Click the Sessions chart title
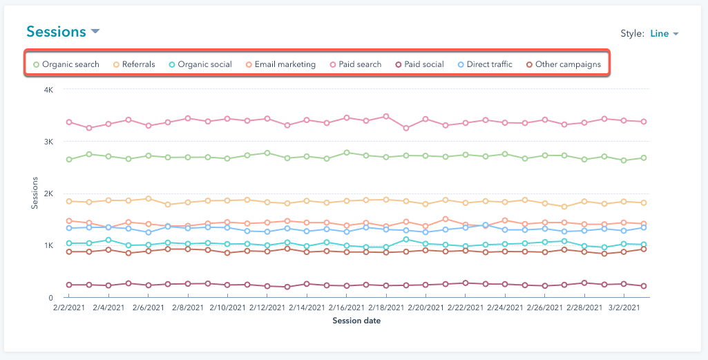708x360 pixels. point(56,32)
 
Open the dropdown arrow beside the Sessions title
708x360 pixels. point(95,32)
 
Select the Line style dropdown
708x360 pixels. point(664,33)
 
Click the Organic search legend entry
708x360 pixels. point(66,64)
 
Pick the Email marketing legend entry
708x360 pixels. point(280,64)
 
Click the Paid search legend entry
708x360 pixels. point(355,64)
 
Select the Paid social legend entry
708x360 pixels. point(419,64)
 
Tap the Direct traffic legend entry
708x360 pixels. point(485,64)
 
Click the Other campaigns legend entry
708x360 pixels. point(563,64)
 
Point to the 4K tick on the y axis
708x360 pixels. point(49,90)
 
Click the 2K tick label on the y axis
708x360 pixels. point(49,193)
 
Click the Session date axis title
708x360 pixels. point(356,321)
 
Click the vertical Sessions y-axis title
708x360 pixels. point(35,193)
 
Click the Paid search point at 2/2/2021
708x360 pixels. point(69,122)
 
